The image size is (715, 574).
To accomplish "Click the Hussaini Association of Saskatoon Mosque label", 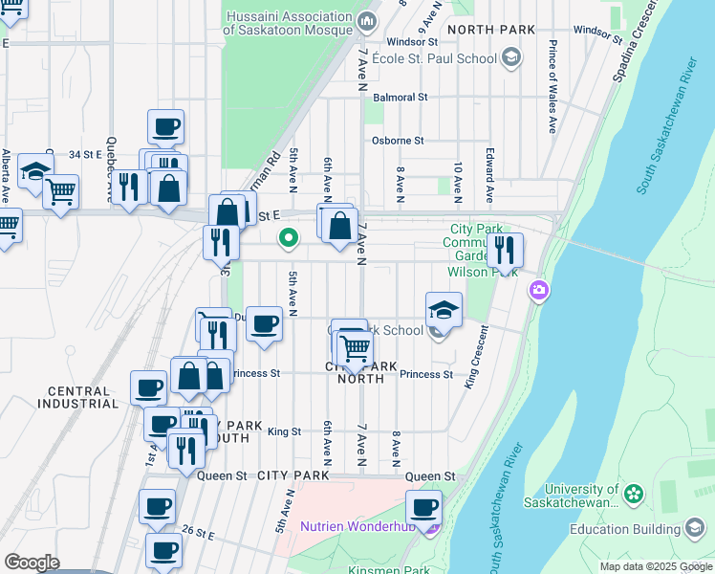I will tap(288, 23).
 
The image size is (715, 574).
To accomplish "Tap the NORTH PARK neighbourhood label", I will tap(491, 30).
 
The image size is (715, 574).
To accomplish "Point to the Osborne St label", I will tap(398, 141).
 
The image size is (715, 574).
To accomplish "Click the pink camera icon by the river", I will tap(540, 289).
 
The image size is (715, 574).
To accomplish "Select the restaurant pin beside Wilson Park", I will tap(505, 251).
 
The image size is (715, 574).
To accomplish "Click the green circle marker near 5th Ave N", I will tap(286, 238).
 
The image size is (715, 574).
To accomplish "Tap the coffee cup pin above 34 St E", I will tap(165, 126).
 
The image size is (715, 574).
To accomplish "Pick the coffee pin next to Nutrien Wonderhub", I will tap(423, 507).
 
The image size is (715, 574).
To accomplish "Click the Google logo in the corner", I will tap(32, 563).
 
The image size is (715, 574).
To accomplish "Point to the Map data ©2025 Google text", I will tap(655, 566).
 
